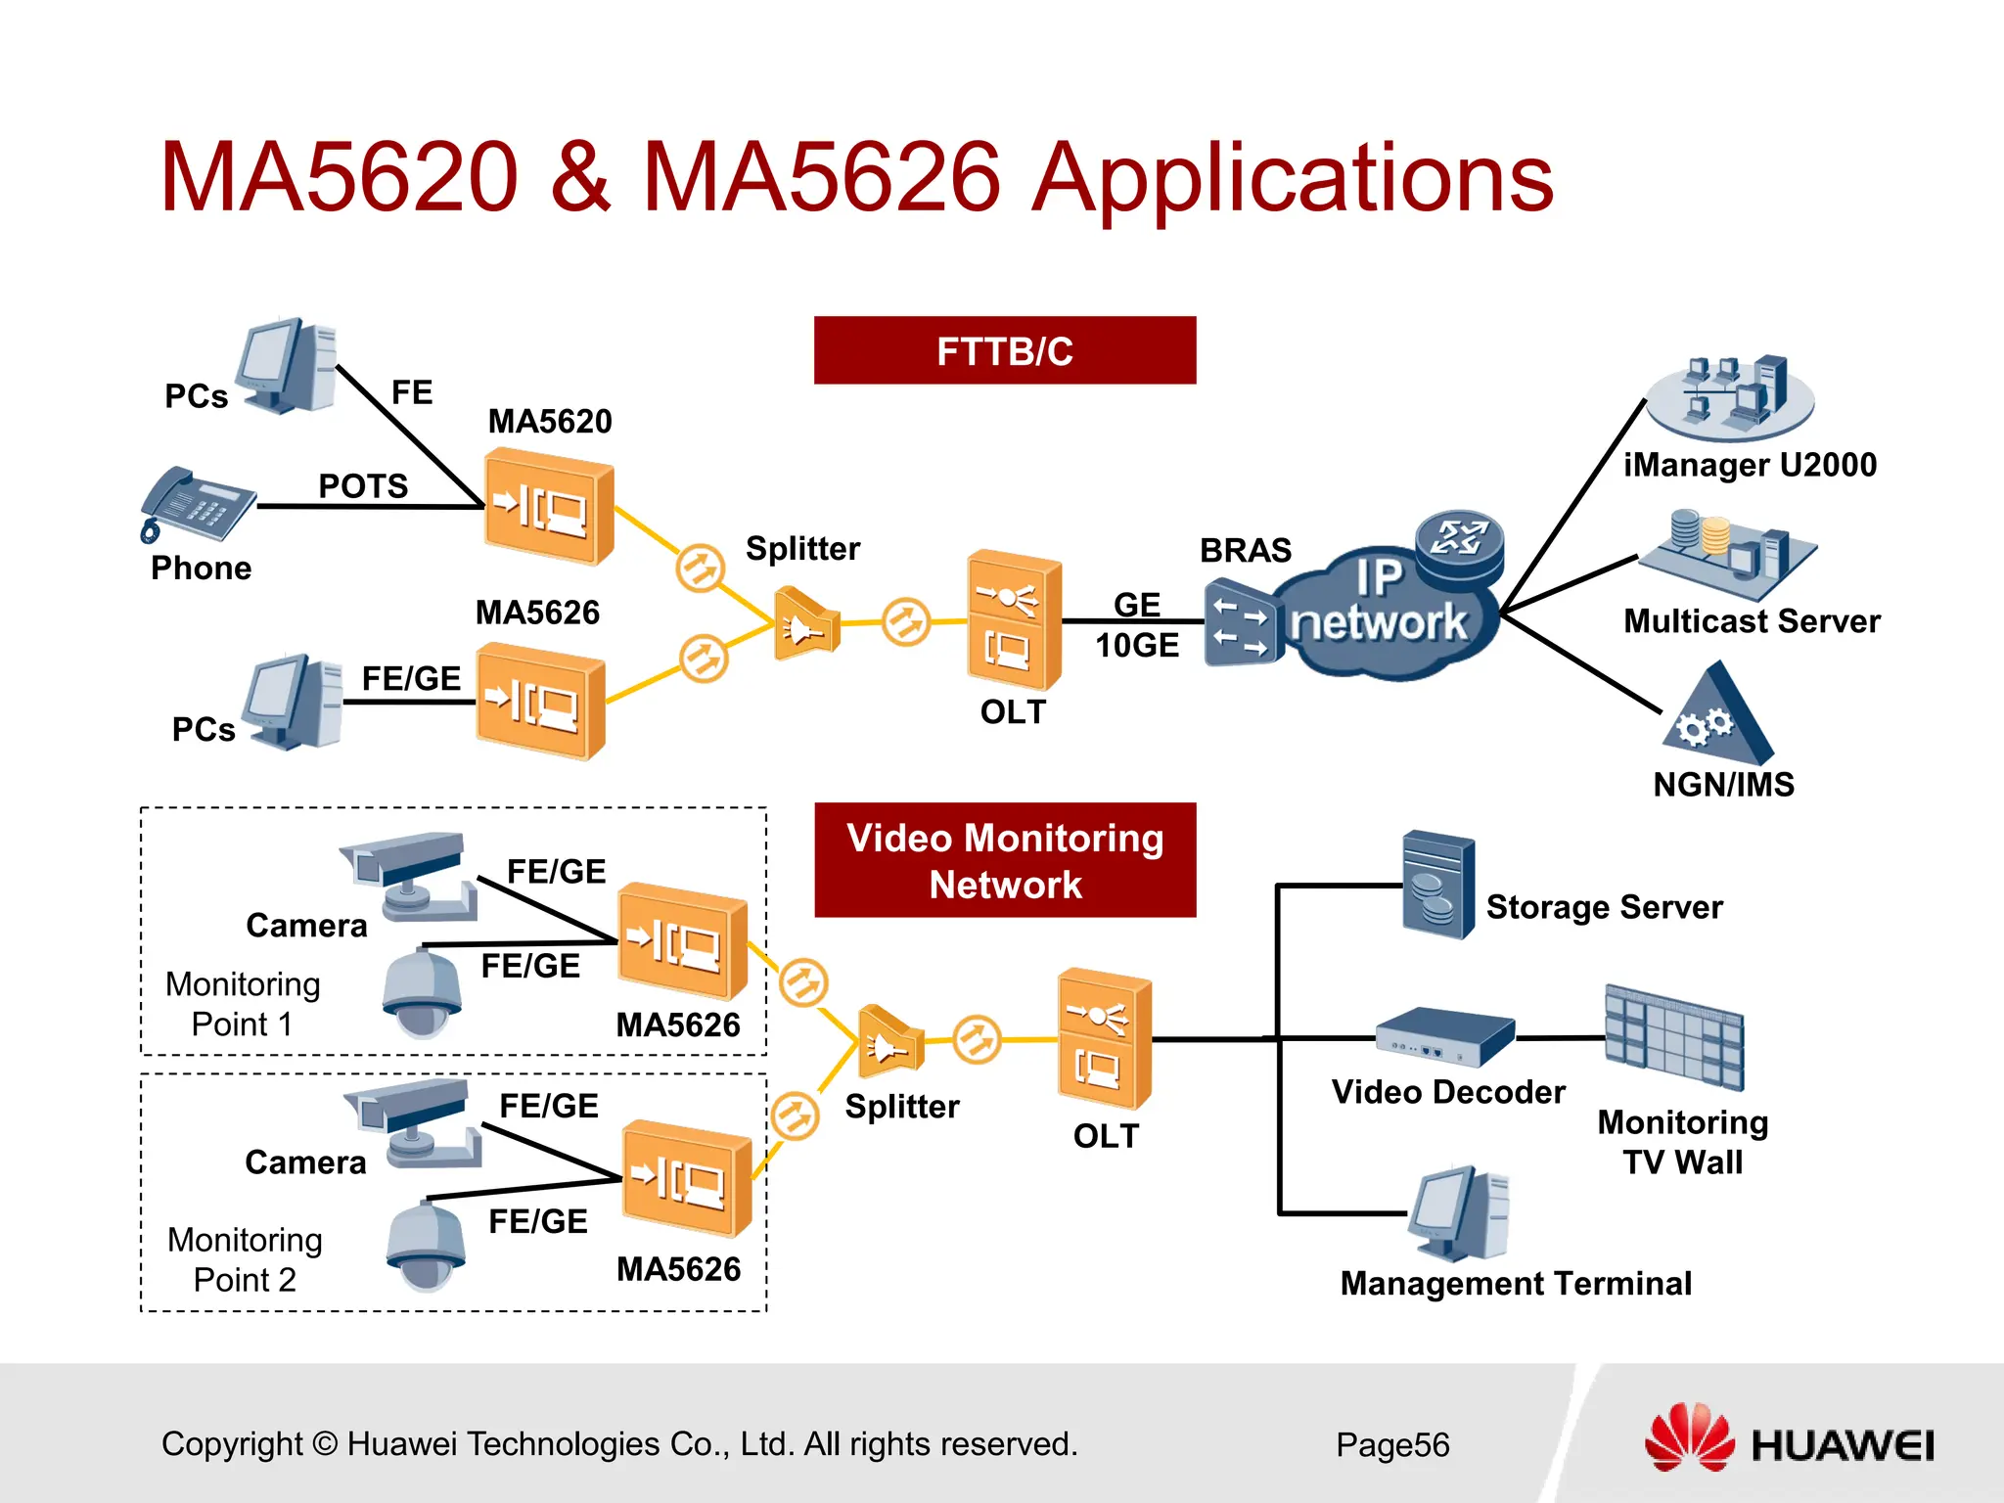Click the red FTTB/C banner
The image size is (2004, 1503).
[1004, 350]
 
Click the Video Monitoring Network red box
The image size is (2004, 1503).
[1004, 860]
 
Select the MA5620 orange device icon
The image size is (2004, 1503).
[548, 506]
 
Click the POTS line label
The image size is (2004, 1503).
[363, 485]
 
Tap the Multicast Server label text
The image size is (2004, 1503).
[1752, 621]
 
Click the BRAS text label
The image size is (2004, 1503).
[1246, 550]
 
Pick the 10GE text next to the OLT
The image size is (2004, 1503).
[1137, 646]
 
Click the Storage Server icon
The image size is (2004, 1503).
[1437, 885]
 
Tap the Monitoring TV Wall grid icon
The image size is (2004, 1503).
[1673, 1037]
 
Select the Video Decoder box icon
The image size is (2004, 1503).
[1444, 1036]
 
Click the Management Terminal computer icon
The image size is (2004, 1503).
[1460, 1213]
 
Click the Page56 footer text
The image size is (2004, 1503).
[1391, 1444]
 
